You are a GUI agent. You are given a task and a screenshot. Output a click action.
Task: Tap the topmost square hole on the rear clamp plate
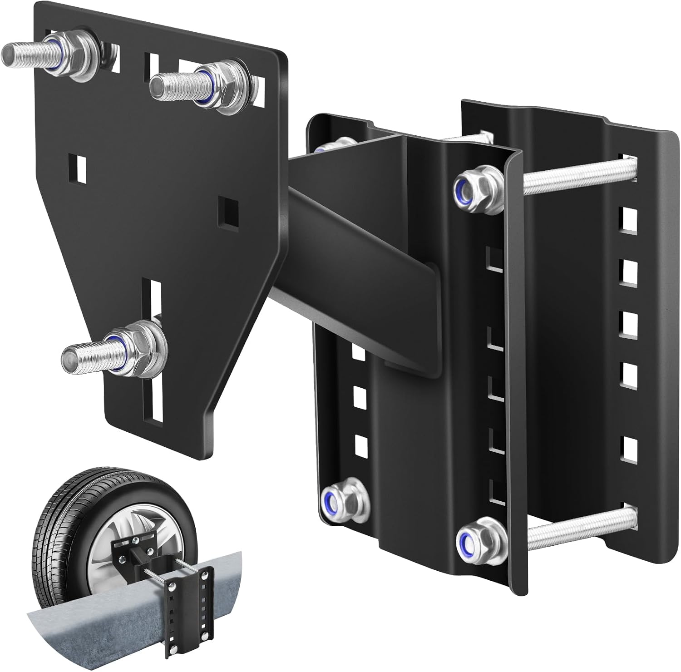click(629, 217)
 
